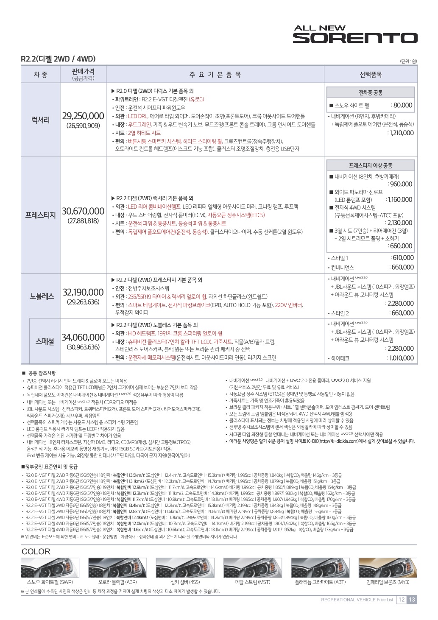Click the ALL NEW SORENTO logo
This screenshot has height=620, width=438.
[355, 34]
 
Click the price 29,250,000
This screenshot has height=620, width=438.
[83, 116]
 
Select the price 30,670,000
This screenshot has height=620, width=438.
[83, 211]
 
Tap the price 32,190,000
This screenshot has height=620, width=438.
[83, 292]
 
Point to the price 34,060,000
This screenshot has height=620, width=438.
[83, 338]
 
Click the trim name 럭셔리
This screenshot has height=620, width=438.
[41, 120]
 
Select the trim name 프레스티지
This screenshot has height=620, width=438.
[41, 215]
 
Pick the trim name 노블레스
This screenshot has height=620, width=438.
[42, 296]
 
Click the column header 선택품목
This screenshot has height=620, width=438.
[371, 75]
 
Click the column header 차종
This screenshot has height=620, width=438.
[41, 75]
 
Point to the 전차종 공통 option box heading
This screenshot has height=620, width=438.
[371, 93]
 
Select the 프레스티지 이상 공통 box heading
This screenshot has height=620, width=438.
[371, 165]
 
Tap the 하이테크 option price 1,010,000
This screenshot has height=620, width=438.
[400, 358]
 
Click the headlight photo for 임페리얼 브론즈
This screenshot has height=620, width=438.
[388, 568]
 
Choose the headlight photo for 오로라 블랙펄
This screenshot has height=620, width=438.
[117, 568]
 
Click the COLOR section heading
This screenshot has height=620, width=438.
[36, 552]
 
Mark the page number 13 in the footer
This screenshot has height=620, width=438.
[412, 600]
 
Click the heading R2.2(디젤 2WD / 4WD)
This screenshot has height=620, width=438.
[58, 59]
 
